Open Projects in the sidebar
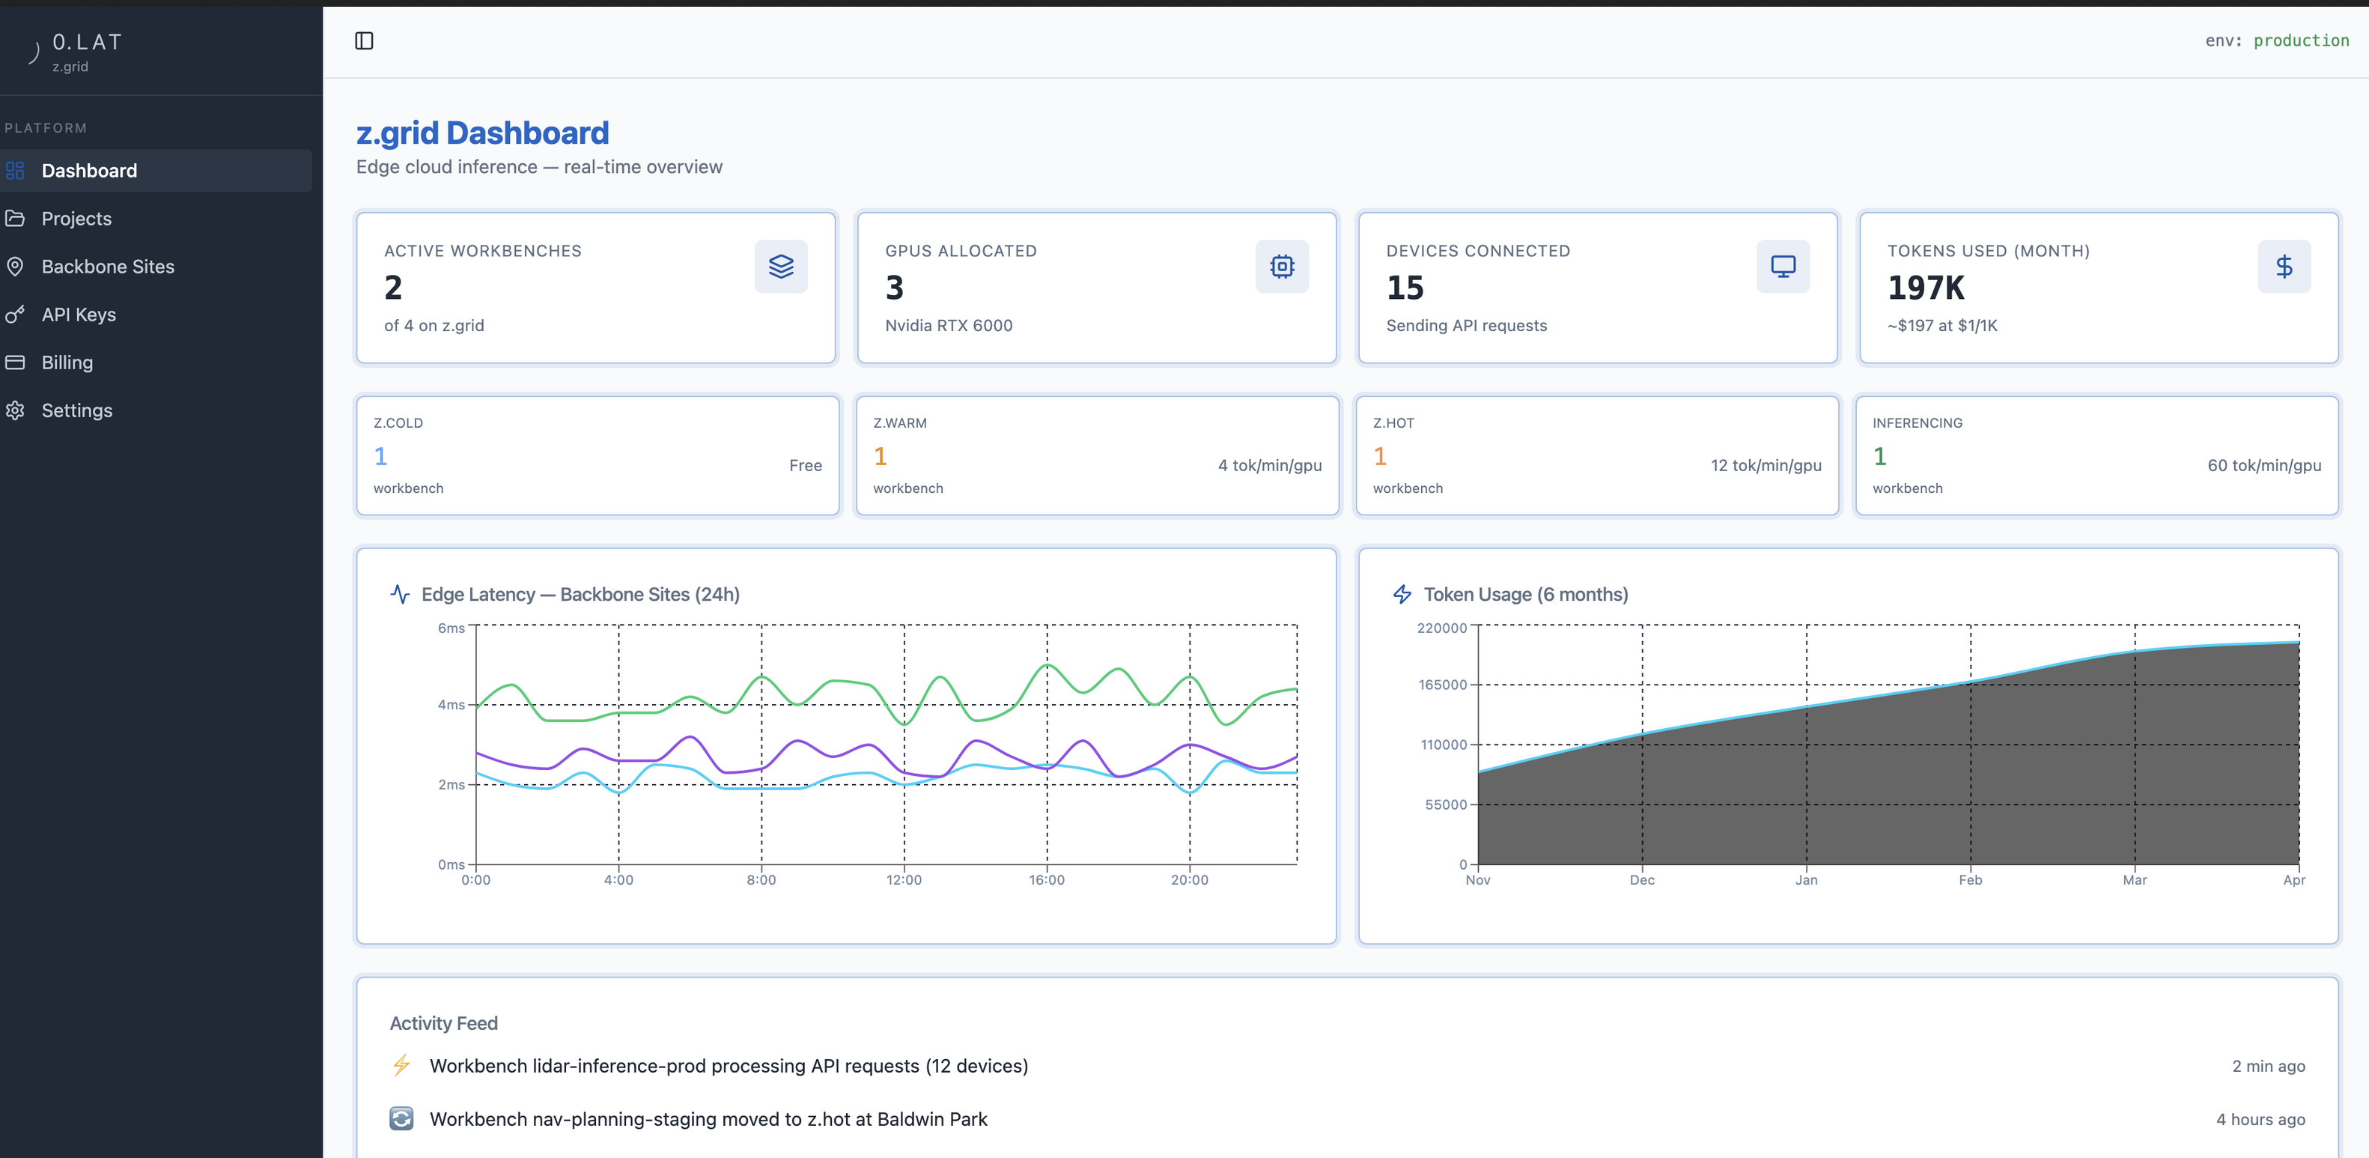point(76,219)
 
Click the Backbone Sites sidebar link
point(108,267)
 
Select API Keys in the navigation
point(78,315)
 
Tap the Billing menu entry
point(67,363)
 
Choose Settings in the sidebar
point(77,410)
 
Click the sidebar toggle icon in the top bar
point(364,40)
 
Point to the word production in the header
point(2301,40)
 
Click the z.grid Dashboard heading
point(483,133)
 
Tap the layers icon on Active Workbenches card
point(781,267)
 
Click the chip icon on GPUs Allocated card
point(1282,267)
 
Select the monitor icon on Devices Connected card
point(1783,267)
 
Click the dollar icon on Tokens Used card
point(2284,267)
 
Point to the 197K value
point(1926,288)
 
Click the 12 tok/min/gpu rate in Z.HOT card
point(1766,465)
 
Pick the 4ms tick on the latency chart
point(451,706)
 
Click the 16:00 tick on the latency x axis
point(1047,880)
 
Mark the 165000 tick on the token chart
point(1443,685)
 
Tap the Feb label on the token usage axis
point(1971,880)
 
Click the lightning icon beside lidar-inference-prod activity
point(402,1066)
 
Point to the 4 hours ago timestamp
point(2260,1119)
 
